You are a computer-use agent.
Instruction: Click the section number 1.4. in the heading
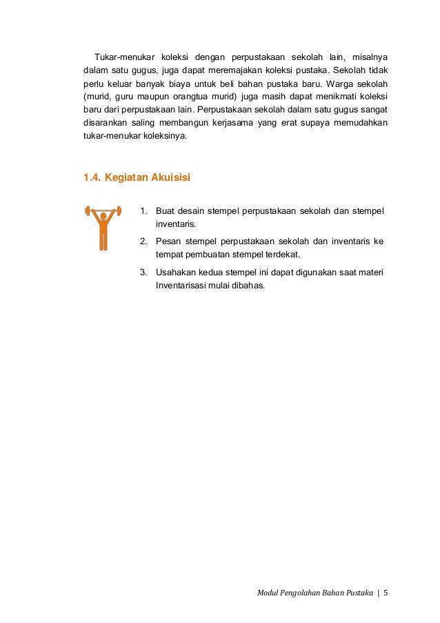tap(92, 177)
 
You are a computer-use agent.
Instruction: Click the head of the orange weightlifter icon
tap(103, 216)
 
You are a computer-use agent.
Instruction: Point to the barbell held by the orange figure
tap(103, 209)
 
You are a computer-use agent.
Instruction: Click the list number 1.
tap(143, 211)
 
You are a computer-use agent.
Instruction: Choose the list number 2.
tap(143, 241)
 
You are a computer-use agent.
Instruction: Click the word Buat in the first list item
tap(166, 211)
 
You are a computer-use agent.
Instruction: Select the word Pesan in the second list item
tap(168, 241)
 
